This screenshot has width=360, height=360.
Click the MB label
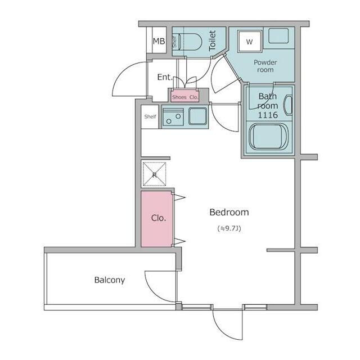click(x=159, y=41)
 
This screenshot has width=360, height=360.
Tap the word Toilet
click(x=213, y=41)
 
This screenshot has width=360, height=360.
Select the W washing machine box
click(x=250, y=41)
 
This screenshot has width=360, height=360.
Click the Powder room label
click(x=265, y=66)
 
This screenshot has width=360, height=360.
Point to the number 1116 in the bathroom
click(x=268, y=115)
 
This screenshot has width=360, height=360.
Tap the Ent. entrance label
click(x=165, y=77)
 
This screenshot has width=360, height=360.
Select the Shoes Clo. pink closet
click(x=185, y=96)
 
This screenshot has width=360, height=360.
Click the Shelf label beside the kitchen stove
click(x=150, y=116)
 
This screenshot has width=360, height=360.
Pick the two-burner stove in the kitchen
click(x=173, y=117)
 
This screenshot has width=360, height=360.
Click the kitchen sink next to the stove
click(x=197, y=116)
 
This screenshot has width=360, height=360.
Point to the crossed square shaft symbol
click(x=155, y=174)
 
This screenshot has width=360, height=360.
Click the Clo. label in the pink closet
click(x=159, y=218)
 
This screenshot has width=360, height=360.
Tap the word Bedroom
click(x=229, y=212)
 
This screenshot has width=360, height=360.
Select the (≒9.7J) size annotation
click(x=229, y=229)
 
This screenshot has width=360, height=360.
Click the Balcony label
click(x=110, y=280)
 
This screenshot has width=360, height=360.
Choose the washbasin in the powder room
click(x=278, y=35)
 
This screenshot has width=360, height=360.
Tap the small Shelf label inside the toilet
click(x=175, y=42)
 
